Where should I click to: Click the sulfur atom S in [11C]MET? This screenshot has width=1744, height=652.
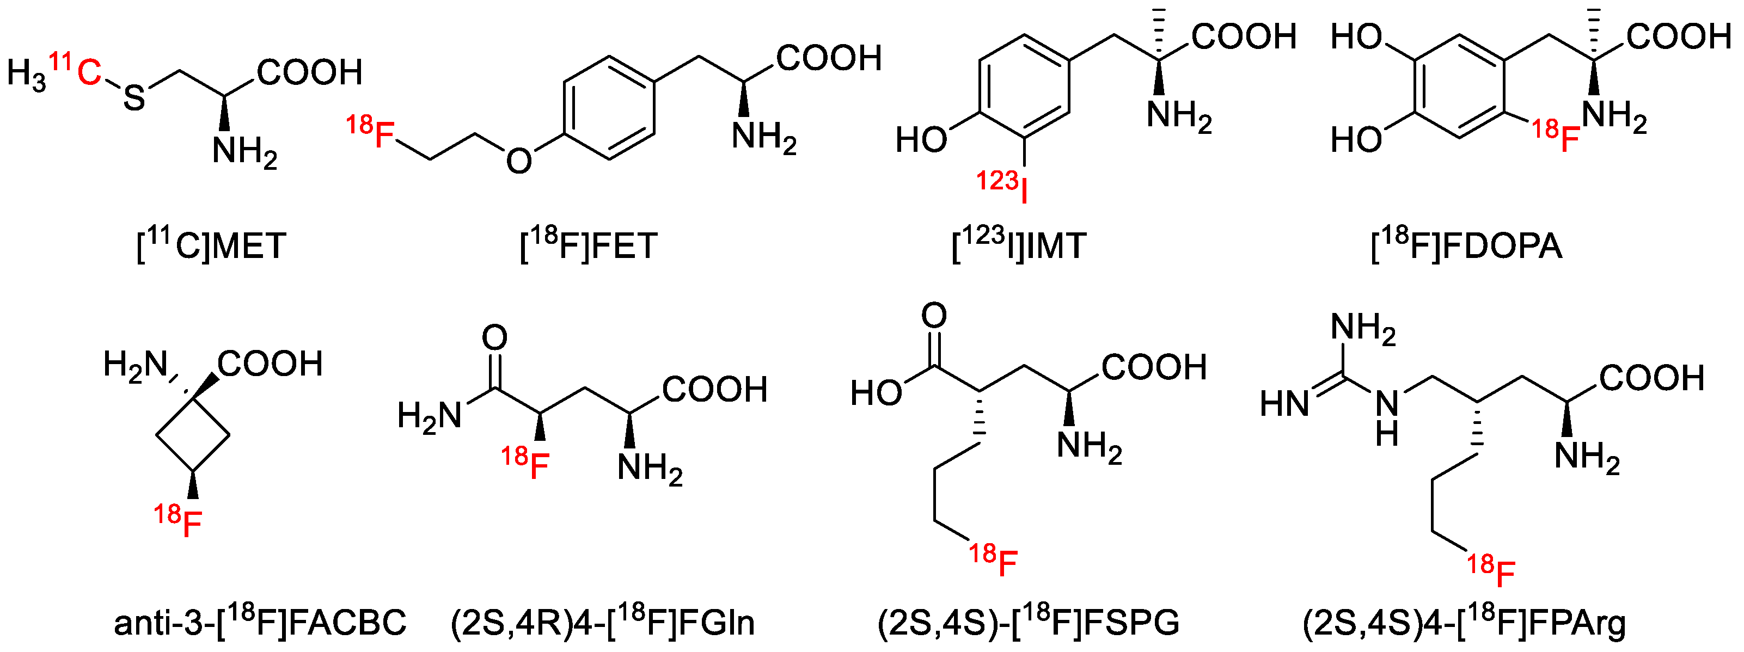[x=134, y=98]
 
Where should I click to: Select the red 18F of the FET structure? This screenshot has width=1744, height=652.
[x=372, y=132]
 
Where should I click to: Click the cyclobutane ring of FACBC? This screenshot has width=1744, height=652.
[x=193, y=436]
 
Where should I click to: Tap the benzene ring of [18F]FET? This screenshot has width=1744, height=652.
[x=609, y=108]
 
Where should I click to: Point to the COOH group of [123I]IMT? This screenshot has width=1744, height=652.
[x=1244, y=36]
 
